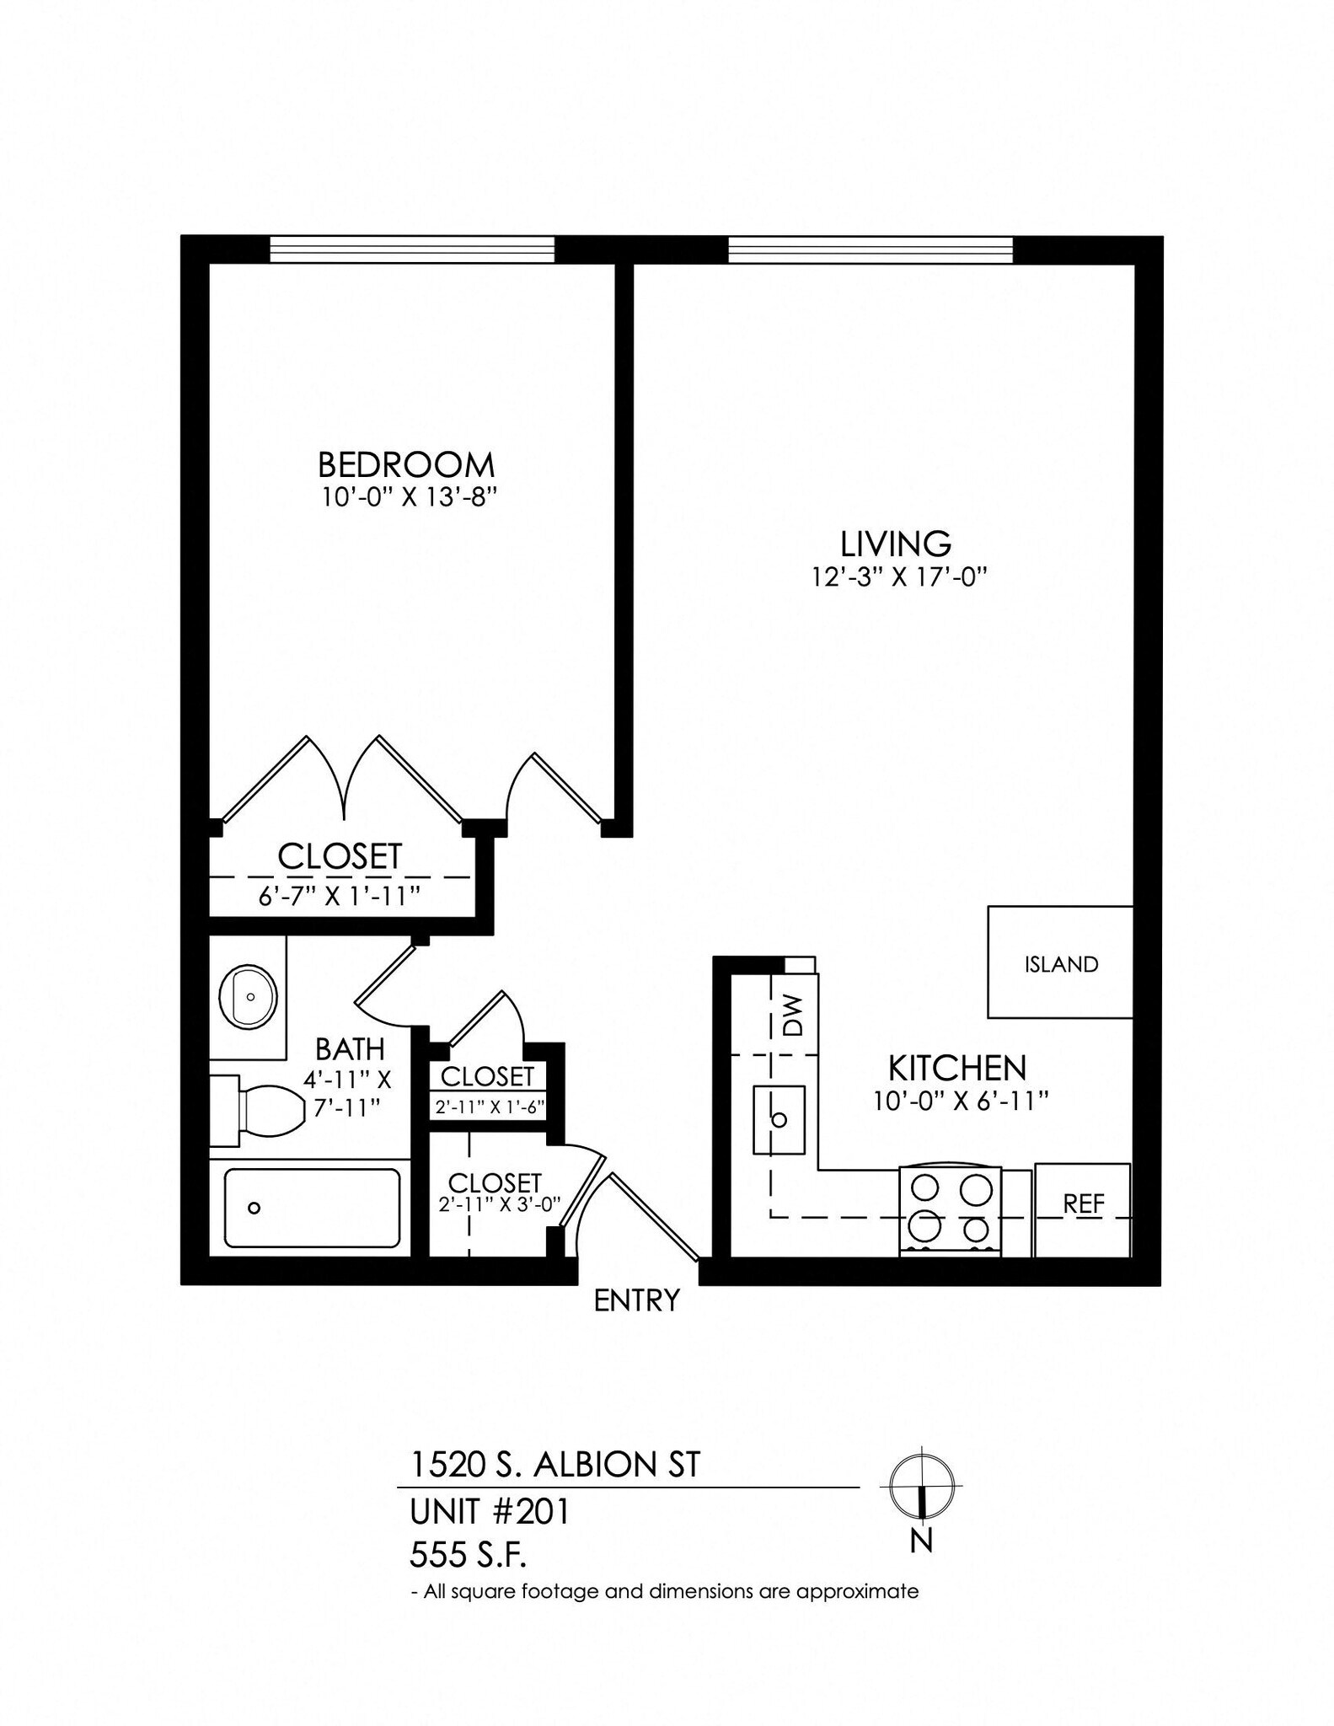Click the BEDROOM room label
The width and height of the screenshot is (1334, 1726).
[405, 464]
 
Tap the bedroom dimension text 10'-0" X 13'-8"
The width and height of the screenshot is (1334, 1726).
[405, 497]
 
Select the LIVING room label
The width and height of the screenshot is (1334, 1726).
[896, 544]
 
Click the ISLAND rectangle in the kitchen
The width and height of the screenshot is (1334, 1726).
[1060, 962]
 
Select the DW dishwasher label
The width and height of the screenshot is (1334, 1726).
[794, 1015]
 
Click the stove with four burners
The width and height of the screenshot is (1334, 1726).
[951, 1211]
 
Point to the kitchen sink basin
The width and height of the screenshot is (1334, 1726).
[779, 1119]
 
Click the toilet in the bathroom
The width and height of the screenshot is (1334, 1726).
[261, 1110]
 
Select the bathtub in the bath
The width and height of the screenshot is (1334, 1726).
[312, 1208]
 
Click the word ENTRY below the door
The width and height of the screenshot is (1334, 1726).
[636, 1300]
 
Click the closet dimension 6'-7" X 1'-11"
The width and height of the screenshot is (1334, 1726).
[339, 896]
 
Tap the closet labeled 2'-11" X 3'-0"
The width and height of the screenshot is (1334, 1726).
[494, 1193]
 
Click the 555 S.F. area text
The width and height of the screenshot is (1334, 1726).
[468, 1555]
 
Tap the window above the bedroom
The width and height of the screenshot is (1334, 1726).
[412, 249]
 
